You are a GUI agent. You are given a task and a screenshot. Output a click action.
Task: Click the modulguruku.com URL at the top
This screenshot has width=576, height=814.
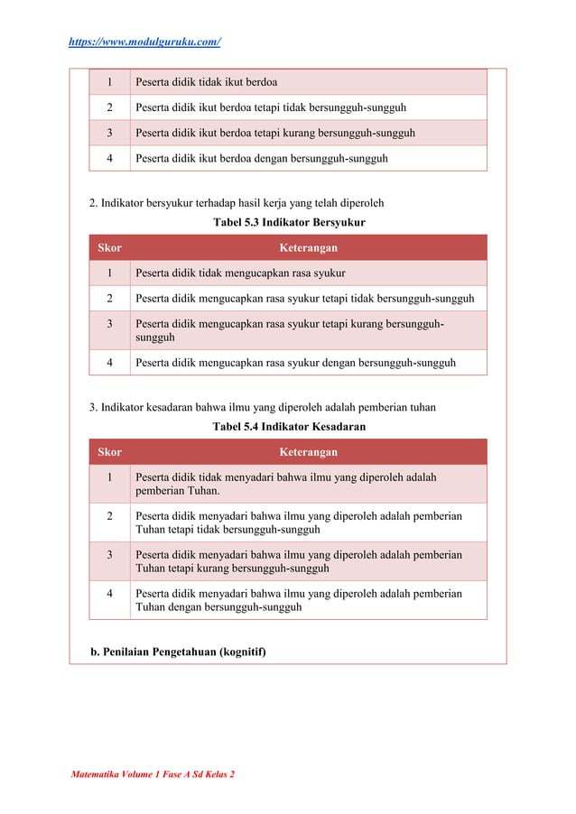point(145,42)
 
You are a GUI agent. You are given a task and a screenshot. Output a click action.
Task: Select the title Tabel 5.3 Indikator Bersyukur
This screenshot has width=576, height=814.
point(288,221)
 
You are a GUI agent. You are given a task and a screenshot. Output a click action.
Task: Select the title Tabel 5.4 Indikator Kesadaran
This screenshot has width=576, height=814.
point(288,426)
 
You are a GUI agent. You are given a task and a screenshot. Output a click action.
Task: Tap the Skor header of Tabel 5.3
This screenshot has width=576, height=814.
point(109,247)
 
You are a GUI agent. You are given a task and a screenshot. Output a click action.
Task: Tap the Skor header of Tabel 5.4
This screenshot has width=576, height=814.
point(109,452)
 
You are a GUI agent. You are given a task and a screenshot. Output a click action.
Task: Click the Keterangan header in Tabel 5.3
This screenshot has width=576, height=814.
point(309,247)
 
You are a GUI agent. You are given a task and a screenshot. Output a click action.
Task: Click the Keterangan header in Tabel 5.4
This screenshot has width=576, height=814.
point(309,452)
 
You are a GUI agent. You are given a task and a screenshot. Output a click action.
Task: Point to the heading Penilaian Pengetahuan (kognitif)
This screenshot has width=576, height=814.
point(179,652)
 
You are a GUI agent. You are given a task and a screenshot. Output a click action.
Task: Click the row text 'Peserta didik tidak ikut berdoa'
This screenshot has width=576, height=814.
point(206,82)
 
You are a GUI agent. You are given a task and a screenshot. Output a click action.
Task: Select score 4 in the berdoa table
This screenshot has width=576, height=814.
point(109,158)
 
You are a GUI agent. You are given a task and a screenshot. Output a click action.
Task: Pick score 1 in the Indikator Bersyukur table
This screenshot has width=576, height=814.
point(109,273)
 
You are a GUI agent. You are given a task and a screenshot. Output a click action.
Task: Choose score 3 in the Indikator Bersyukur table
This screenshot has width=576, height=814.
point(109,323)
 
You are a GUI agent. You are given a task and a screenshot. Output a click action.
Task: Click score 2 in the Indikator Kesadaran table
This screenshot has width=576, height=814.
point(109,516)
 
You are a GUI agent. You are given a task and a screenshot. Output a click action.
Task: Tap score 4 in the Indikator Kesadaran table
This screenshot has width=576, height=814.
point(109,594)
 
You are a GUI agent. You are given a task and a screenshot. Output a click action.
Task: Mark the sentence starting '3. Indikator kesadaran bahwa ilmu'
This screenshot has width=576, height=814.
point(263,407)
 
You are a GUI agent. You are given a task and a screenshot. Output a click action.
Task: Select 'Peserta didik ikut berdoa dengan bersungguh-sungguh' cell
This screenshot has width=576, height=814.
point(262,158)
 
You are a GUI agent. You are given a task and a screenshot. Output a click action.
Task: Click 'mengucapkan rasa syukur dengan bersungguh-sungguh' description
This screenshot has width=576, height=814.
point(295,363)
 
